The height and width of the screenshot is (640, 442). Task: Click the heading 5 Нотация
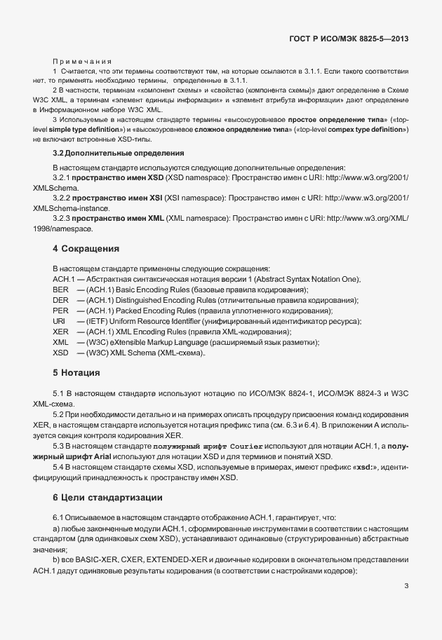point(76,372)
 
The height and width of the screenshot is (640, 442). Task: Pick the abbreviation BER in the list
point(60,290)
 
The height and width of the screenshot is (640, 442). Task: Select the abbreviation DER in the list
point(60,300)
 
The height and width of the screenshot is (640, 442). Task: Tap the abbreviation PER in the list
point(60,311)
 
